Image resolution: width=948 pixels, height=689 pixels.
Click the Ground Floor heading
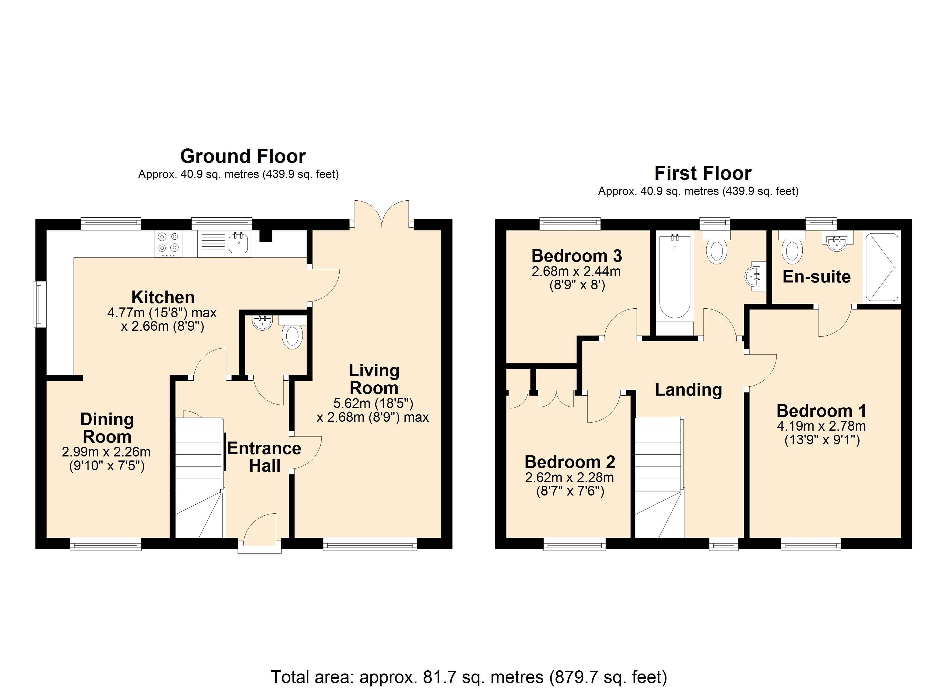[x=243, y=156]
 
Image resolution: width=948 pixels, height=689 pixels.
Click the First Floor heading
[x=703, y=173]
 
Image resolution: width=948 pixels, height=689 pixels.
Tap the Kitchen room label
[x=163, y=297]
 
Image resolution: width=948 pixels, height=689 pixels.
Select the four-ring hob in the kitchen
[x=168, y=244]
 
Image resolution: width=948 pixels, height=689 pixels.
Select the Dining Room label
[x=107, y=428]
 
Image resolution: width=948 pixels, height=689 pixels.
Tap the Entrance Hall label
[x=264, y=457]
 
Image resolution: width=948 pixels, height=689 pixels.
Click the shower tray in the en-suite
[x=882, y=267]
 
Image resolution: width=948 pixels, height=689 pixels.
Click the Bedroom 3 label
[x=577, y=256]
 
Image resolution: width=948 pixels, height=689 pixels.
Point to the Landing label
[x=688, y=390]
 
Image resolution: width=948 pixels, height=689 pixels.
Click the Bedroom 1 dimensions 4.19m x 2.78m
[x=821, y=426]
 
